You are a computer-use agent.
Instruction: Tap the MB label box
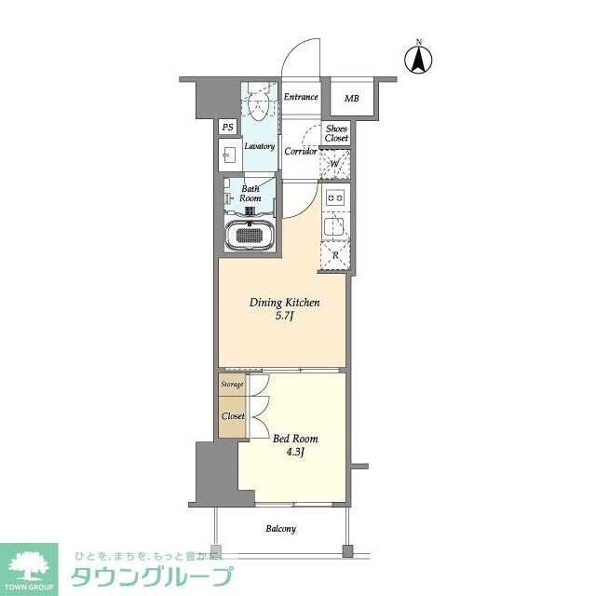351,99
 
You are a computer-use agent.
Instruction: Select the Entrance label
301,97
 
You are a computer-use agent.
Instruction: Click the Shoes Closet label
336,133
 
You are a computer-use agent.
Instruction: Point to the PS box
227,128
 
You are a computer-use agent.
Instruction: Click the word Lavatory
259,146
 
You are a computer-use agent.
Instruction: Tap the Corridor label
301,151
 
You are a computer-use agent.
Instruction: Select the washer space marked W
335,166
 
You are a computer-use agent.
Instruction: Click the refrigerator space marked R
334,254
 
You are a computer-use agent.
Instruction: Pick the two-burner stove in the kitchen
334,197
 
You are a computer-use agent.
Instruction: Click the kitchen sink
334,223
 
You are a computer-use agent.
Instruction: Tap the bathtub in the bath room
249,237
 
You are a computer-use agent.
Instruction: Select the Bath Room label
250,194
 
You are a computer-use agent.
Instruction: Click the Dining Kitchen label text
284,304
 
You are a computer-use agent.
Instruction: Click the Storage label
232,384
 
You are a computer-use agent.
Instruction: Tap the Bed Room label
295,438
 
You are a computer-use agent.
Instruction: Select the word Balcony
280,529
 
